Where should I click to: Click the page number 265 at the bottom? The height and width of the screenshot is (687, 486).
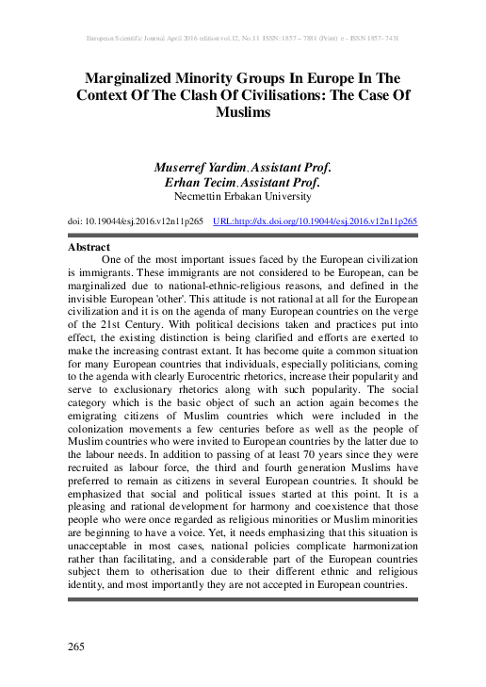point(77,646)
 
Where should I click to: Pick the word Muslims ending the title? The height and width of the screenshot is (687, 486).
point(243,113)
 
